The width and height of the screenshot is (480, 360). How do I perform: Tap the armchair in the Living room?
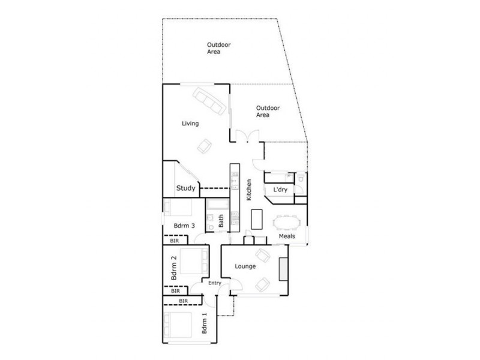pyautogui.click(x=205, y=145)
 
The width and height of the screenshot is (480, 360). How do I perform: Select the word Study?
pyautogui.click(x=185, y=188)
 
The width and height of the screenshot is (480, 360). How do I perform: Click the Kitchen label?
pyautogui.click(x=248, y=189)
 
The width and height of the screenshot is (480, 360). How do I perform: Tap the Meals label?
pyautogui.click(x=287, y=236)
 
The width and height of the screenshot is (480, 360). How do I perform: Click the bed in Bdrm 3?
pyautogui.click(x=178, y=208)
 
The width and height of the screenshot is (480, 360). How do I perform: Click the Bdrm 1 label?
pyautogui.click(x=205, y=325)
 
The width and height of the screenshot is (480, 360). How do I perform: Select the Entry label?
pyautogui.click(x=215, y=283)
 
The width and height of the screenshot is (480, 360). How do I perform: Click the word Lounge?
pyautogui.click(x=245, y=266)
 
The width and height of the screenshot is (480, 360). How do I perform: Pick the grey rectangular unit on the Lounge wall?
pyautogui.click(x=283, y=268)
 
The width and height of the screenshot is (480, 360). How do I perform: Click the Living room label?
pyautogui.click(x=190, y=124)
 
